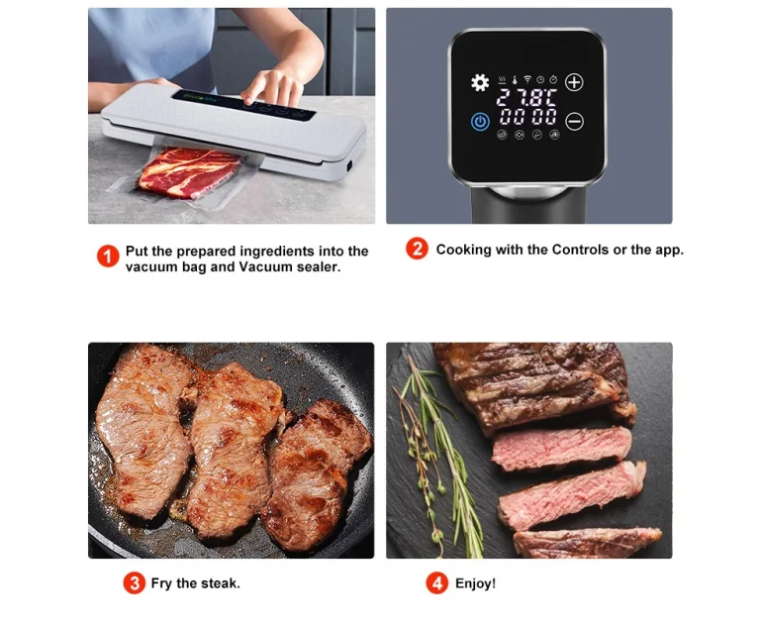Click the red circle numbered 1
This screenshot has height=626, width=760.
108,257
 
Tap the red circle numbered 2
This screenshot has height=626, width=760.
417,249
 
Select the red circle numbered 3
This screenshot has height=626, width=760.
135,582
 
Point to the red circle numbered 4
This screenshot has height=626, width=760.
437,582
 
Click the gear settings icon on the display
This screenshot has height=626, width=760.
480,82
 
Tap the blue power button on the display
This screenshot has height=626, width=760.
480,121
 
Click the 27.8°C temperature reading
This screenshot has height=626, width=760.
526,97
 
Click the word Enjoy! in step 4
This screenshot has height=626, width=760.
475,583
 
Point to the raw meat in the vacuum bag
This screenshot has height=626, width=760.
189,172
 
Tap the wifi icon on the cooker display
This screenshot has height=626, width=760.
527,79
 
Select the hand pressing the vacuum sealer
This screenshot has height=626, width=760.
271,87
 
